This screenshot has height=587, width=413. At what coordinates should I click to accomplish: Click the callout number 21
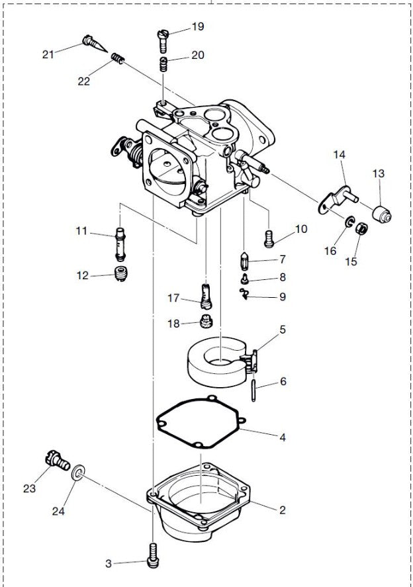tap(48, 54)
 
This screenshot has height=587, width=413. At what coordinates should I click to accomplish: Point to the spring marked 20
tap(163, 64)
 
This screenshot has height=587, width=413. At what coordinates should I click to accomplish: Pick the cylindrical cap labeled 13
tap(381, 214)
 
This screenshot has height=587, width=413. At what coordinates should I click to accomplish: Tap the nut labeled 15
tap(362, 230)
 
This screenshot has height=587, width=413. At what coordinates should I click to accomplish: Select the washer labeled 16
tap(348, 220)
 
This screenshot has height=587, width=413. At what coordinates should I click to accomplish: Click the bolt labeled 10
tap(269, 236)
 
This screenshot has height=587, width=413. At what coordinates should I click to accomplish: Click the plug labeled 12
tap(120, 274)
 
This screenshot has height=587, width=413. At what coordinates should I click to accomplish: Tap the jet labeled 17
tap(206, 295)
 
